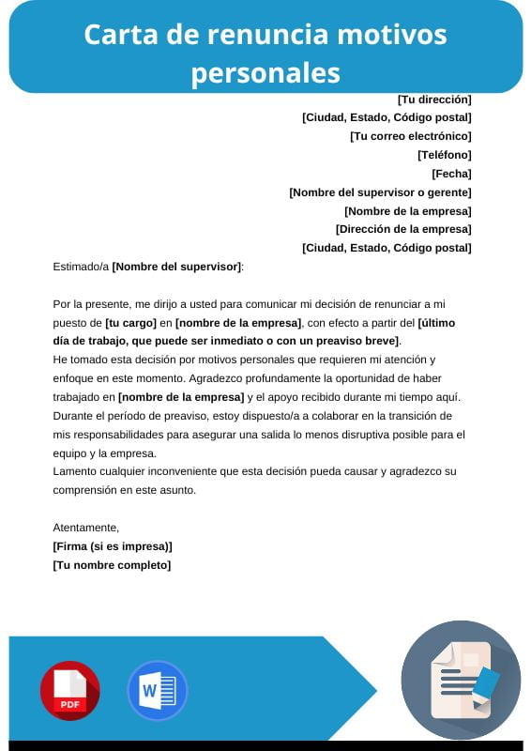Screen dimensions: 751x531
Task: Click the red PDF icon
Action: (x=69, y=690)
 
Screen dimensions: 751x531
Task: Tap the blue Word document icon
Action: (x=157, y=690)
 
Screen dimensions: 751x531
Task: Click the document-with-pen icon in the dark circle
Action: (x=461, y=679)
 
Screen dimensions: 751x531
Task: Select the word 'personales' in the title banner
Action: (x=265, y=71)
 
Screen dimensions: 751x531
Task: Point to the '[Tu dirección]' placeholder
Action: (x=434, y=99)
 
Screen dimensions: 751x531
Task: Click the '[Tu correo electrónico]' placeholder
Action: (x=410, y=136)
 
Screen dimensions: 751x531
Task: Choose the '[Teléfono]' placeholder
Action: (x=445, y=155)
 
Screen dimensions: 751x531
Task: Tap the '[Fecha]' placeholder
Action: (x=451, y=174)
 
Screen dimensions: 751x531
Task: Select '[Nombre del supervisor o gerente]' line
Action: (x=380, y=192)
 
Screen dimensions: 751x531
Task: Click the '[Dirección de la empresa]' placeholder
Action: (x=403, y=229)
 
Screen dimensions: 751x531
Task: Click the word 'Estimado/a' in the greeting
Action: (x=81, y=267)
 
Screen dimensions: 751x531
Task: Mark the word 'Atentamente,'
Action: (x=86, y=528)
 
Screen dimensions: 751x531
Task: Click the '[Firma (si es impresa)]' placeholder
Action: (x=113, y=546)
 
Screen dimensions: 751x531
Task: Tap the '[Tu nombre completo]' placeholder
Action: (x=113, y=565)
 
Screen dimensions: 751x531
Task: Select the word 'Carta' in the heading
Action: (x=112, y=35)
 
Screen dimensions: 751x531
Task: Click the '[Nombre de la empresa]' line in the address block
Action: (x=408, y=211)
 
